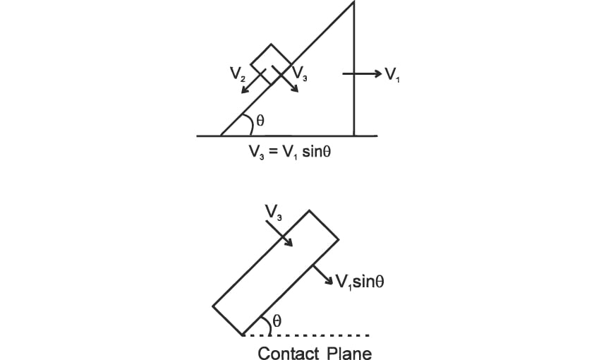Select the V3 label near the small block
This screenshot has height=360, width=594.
[298, 73]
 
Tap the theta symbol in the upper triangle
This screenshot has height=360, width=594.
[260, 121]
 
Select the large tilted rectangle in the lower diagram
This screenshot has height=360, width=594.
[276, 271]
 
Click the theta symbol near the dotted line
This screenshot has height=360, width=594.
[277, 320]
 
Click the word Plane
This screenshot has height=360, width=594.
[349, 352]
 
